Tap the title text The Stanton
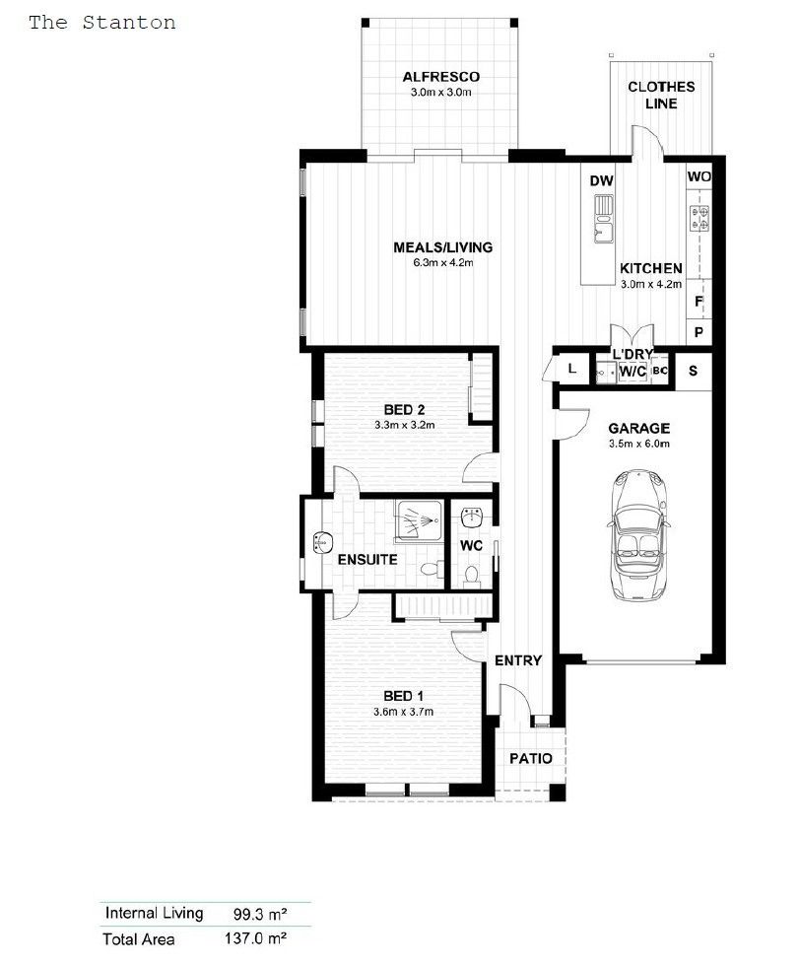pos(101,22)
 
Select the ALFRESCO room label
pos(441,76)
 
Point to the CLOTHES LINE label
pos(661,95)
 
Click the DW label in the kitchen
pos(601,181)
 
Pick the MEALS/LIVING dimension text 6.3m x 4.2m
pos(442,263)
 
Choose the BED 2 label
pos(404,410)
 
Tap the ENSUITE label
pos(366,560)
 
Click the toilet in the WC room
pos(472,574)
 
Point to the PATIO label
pos(530,759)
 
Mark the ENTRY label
pos(517,660)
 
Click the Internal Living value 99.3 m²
pos(252,914)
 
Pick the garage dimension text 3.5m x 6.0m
pos(638,444)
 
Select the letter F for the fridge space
pos(699,302)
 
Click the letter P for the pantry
pos(699,333)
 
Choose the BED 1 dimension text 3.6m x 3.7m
pos(403,712)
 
